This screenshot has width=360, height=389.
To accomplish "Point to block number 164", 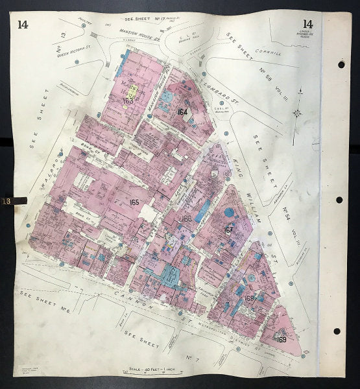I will click(182, 112).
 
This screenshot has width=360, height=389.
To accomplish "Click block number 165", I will click(134, 202).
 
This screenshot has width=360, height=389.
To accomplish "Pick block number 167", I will click(228, 230).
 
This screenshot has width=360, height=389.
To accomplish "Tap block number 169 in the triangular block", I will click(282, 339).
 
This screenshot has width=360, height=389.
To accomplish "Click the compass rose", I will click(296, 113).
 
